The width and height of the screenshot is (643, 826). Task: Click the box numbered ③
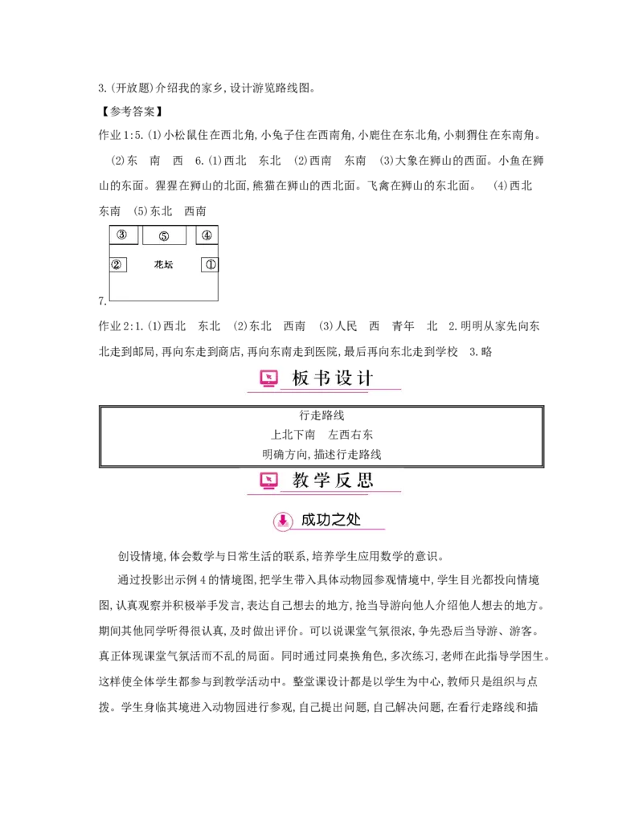(123, 235)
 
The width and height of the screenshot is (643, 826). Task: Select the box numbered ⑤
(164, 235)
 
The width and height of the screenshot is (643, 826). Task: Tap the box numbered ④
(207, 235)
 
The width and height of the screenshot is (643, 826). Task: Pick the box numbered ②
(117, 264)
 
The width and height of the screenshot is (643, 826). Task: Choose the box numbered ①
(210, 264)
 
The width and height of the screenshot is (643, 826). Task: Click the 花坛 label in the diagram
(163, 264)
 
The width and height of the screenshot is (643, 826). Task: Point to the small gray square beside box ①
(222, 274)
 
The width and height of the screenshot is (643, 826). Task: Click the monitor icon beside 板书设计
(269, 378)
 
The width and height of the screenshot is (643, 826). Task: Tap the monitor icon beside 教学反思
(269, 480)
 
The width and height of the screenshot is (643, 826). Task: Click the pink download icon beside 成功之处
(283, 521)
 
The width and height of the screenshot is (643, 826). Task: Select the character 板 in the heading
(301, 378)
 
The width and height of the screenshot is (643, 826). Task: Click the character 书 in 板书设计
(321, 378)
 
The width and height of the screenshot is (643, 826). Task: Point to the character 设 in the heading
(343, 378)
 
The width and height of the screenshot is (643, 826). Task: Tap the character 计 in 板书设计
(364, 378)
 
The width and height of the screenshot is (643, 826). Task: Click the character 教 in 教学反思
(301, 480)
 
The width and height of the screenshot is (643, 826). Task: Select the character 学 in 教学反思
(321, 480)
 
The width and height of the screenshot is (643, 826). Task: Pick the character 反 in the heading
(343, 480)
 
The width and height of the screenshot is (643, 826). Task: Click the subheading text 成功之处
(330, 520)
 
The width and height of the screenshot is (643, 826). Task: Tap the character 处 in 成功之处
(353, 520)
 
